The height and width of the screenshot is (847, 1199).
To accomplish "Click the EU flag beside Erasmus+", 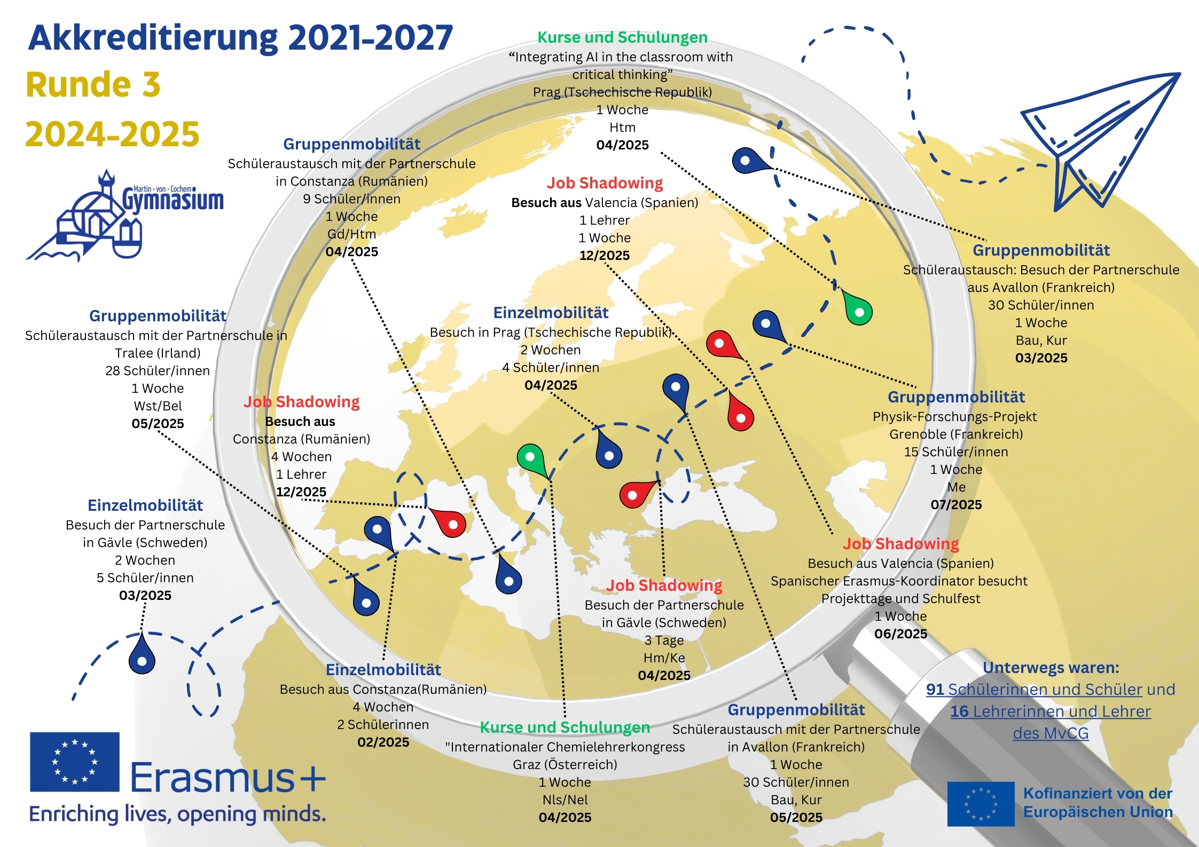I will click(x=75, y=762).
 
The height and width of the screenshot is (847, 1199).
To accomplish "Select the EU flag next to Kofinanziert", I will click(x=981, y=804).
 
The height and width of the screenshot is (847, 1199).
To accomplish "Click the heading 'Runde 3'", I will click(x=93, y=85).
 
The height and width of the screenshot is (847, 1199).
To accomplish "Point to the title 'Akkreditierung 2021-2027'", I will click(x=240, y=38).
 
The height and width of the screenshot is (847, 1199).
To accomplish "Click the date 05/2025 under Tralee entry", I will click(x=158, y=424).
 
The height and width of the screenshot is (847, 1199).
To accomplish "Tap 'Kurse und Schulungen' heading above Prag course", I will click(x=622, y=37).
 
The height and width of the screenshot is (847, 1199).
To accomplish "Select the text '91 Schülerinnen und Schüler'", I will click(x=1034, y=690).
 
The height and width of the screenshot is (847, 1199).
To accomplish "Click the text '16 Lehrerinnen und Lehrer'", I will click(x=1050, y=711).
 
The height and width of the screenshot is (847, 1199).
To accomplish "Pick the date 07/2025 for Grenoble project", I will click(x=956, y=505).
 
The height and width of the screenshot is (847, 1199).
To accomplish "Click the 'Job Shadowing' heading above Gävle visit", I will click(x=664, y=585).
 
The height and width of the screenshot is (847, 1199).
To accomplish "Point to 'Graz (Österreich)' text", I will click(x=565, y=765).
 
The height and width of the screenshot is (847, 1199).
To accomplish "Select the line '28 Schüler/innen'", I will click(x=158, y=371).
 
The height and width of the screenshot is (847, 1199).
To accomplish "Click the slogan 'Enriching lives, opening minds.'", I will click(x=177, y=814).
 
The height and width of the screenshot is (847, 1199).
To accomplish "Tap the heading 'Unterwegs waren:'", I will click(x=1051, y=668).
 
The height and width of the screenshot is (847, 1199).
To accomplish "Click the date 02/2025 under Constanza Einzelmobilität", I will click(x=383, y=742).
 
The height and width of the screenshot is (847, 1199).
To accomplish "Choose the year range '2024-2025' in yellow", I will click(x=112, y=134).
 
